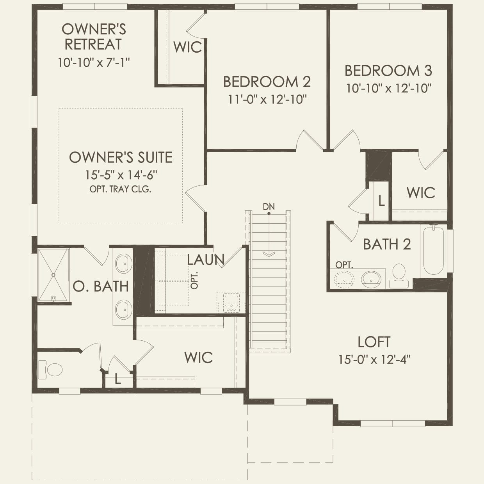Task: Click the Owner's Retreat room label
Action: pos(94,37)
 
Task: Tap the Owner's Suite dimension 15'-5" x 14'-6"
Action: pos(121,174)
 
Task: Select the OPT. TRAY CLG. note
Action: pos(120,189)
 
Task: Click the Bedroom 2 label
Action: pos(267,82)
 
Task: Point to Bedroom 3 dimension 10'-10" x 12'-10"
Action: pos(389,88)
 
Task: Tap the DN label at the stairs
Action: pos(269,206)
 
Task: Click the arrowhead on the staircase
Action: pos(269,254)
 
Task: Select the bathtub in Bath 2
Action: pos(433,250)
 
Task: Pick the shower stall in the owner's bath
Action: pos(53,275)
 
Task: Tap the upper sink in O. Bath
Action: pos(124,264)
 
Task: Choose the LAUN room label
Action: pos(206,260)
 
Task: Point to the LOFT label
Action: pos(374,342)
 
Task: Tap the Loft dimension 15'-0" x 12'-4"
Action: pos(374,359)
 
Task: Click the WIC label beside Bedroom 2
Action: pos(188,47)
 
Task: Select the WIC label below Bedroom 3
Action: pos(421,193)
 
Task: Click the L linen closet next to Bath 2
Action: pos(381,201)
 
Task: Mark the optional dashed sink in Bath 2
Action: pos(344,279)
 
